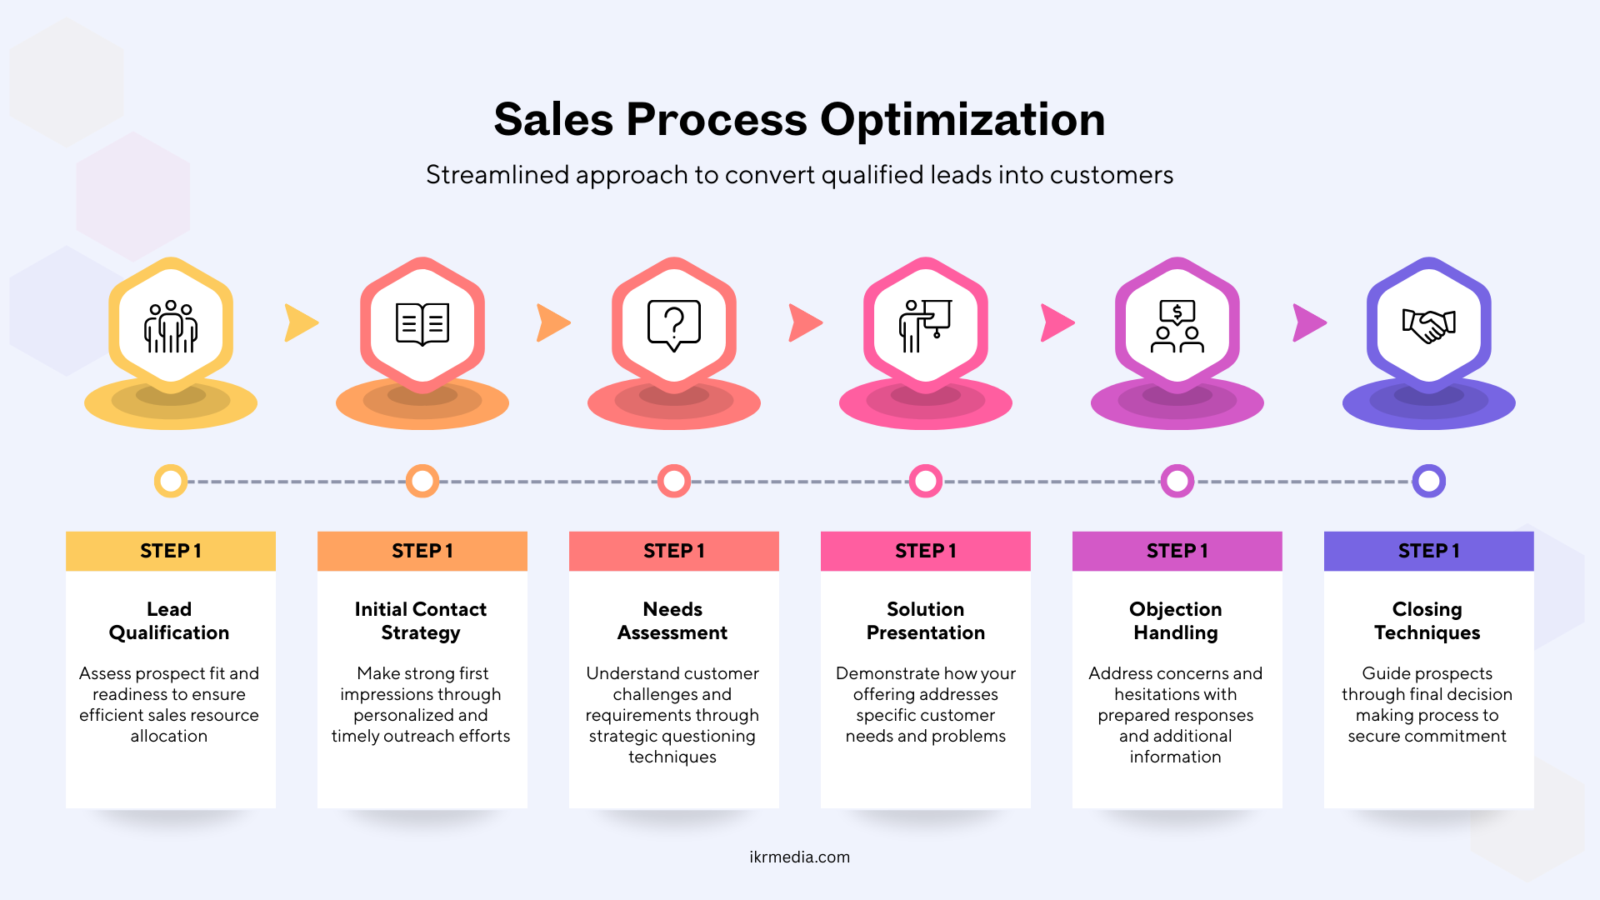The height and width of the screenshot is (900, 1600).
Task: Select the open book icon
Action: (x=422, y=324)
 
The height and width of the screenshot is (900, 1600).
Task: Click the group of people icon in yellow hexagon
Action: (x=171, y=326)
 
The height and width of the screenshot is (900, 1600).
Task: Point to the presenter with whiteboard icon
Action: (x=925, y=326)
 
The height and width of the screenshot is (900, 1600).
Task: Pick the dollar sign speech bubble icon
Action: (x=1177, y=326)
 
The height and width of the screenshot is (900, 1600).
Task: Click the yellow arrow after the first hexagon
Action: (x=301, y=322)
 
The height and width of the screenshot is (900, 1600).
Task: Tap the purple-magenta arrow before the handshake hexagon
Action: (x=1309, y=322)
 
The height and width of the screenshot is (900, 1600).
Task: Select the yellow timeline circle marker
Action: (x=171, y=481)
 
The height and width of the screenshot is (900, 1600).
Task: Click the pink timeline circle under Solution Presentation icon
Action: (x=925, y=481)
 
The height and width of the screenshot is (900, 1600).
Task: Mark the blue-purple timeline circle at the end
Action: (x=1428, y=481)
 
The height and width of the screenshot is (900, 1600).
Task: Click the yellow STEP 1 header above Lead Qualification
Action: (x=171, y=551)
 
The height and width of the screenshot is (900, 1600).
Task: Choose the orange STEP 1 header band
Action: (x=422, y=551)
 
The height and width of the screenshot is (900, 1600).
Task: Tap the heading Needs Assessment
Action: (x=672, y=621)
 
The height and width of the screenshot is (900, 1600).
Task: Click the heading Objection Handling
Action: (x=1176, y=621)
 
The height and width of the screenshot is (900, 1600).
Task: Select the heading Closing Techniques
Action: (x=1427, y=621)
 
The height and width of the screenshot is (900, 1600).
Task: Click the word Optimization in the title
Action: (x=962, y=120)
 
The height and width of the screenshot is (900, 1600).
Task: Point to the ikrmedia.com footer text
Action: (x=800, y=857)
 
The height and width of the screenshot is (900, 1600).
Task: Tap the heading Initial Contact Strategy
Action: (x=421, y=621)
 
